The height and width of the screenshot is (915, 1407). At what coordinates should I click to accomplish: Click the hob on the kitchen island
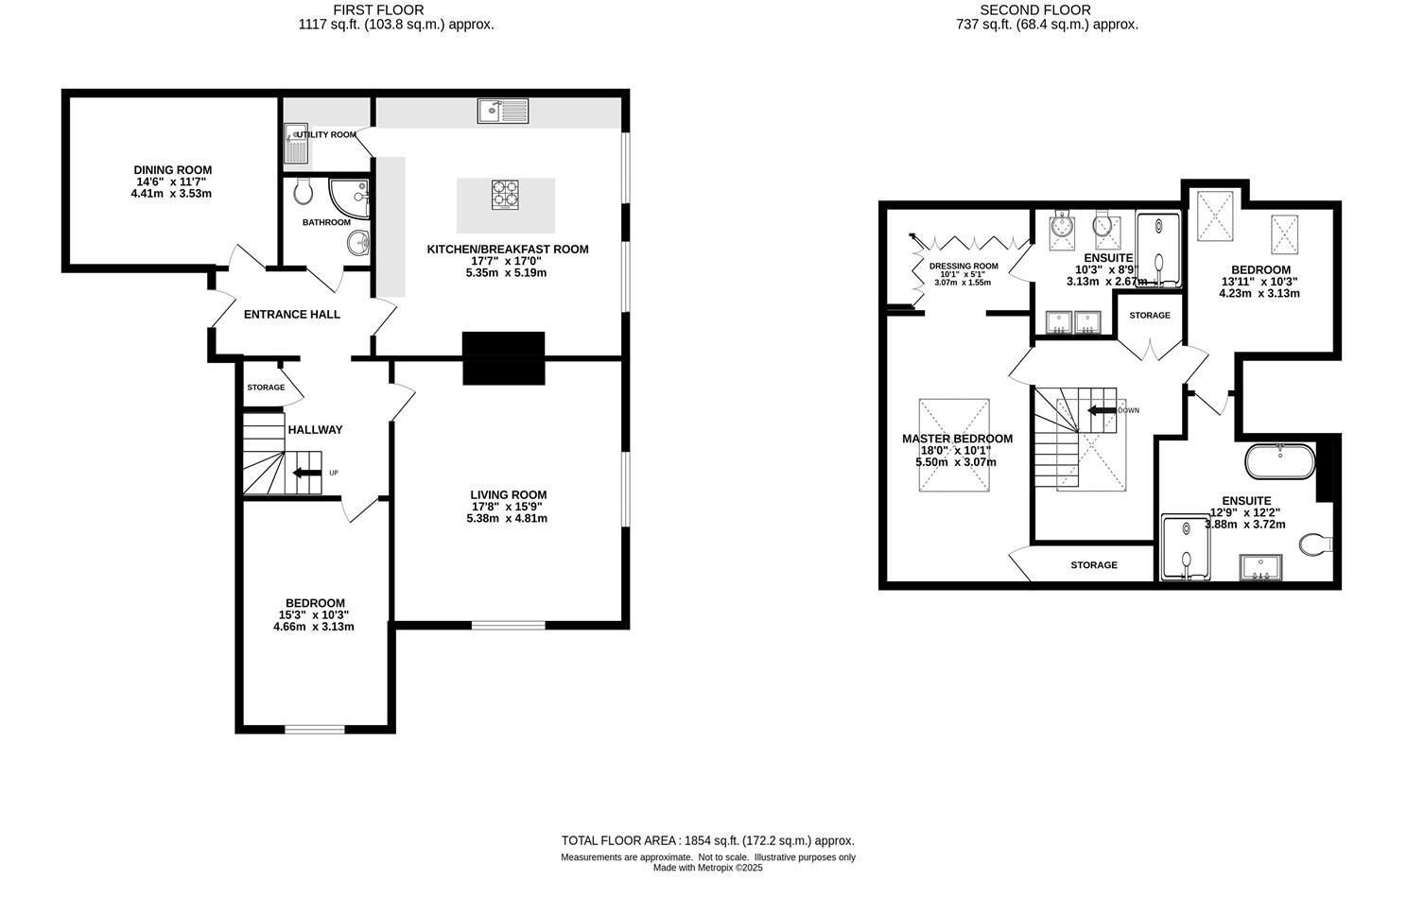(x=505, y=195)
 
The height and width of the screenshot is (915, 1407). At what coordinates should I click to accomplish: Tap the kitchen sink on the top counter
(x=503, y=112)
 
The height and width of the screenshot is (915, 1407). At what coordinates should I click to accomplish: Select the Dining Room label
(x=172, y=170)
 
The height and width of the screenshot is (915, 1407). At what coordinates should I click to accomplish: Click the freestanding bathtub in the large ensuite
(x=1278, y=461)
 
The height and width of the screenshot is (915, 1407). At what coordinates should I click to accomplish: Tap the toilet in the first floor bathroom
(x=304, y=192)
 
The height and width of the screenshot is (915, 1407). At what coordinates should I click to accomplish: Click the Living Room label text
(x=509, y=494)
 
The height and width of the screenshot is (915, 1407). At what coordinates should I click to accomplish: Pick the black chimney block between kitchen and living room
(x=504, y=357)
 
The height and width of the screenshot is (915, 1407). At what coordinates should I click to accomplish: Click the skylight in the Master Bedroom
(x=954, y=444)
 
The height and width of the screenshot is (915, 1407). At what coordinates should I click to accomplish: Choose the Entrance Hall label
(x=292, y=315)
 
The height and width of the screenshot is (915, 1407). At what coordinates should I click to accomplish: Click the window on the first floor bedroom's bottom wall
(x=315, y=728)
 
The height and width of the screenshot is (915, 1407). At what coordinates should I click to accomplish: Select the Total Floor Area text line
(x=707, y=840)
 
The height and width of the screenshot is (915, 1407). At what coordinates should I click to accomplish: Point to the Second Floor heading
(x=1049, y=10)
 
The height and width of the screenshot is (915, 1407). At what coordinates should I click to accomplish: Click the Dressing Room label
(x=963, y=267)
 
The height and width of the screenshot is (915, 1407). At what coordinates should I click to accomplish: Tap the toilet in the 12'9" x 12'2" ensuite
(x=1315, y=544)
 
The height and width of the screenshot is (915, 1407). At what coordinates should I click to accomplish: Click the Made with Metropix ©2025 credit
(x=707, y=868)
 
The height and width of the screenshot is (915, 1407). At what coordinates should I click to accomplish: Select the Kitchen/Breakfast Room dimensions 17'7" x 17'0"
(x=507, y=261)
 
